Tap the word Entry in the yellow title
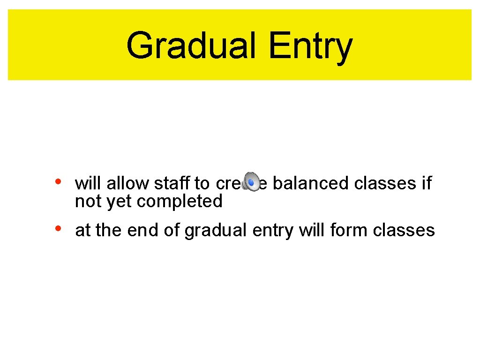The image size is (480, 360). (x=310, y=45)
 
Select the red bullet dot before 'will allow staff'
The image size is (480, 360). (x=58, y=181)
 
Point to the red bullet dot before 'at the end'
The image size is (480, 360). (x=58, y=228)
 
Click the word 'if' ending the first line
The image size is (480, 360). (x=427, y=183)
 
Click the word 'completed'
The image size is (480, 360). (x=180, y=201)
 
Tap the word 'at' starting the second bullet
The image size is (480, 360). (x=82, y=230)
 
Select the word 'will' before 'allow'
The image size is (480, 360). (x=88, y=183)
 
